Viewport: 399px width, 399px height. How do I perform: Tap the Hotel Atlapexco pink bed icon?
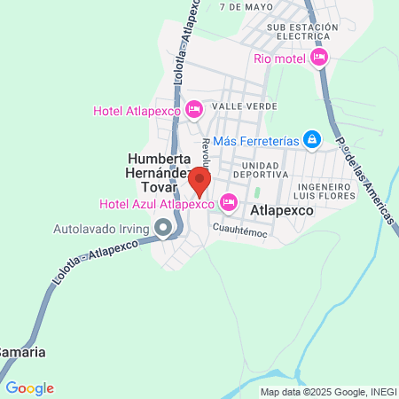click(x=194, y=110)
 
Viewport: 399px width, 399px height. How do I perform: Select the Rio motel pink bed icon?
click(x=319, y=58)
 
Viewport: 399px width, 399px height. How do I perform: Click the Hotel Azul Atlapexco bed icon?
click(x=228, y=203)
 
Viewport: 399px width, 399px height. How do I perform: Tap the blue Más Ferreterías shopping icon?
click(x=311, y=139)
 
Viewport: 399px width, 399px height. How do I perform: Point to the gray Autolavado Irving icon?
click(x=163, y=229)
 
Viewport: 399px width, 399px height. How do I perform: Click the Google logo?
click(x=29, y=387)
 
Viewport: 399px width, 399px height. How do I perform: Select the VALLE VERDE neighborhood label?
click(x=243, y=106)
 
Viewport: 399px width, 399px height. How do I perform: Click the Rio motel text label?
click(x=278, y=59)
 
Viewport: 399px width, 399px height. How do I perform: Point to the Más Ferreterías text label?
click(x=255, y=140)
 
